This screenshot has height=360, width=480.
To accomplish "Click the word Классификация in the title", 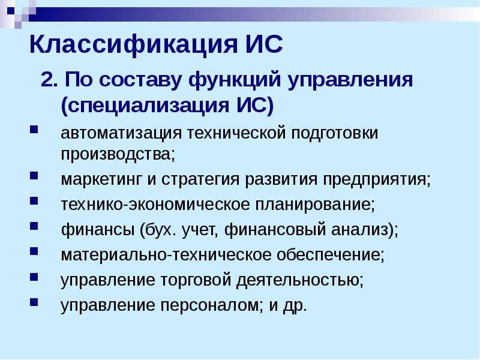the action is pyautogui.click(x=133, y=45).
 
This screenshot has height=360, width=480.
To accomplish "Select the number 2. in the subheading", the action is pyautogui.click(x=49, y=80).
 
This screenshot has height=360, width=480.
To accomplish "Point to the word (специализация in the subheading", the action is pyautogui.click(x=145, y=106).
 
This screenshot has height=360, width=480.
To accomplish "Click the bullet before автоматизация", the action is pyautogui.click(x=34, y=129).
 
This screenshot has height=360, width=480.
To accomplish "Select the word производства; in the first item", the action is pyautogui.click(x=118, y=154).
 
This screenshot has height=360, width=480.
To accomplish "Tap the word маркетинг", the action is pyautogui.click(x=101, y=179).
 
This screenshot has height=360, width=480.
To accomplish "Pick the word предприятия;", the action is pyautogui.click(x=377, y=179).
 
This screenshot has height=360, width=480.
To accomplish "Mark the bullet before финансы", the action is pyautogui.click(x=34, y=226).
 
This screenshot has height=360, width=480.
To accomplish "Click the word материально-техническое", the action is pyautogui.click(x=166, y=255).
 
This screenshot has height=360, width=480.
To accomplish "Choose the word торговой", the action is pyautogui.click(x=196, y=280).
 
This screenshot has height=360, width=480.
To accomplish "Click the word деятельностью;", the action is pyautogui.click(x=300, y=280).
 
